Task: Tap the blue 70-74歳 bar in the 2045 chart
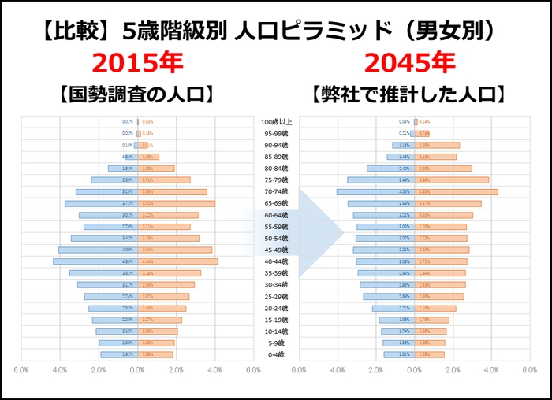click(367, 191)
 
